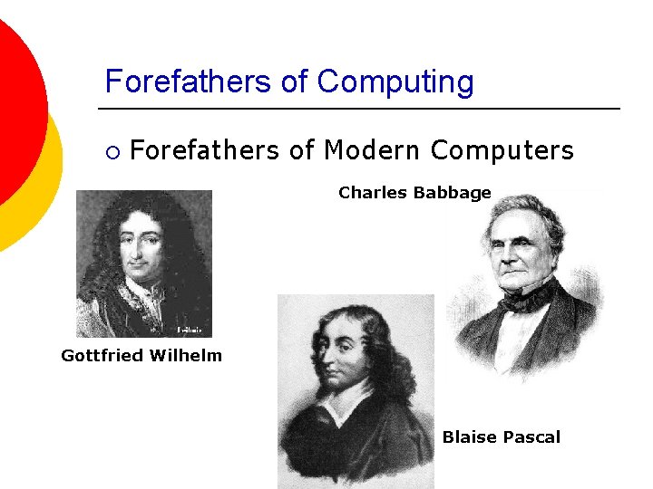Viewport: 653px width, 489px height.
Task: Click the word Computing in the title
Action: pyautogui.click(x=395, y=82)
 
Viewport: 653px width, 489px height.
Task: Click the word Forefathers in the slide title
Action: pyautogui.click(x=190, y=81)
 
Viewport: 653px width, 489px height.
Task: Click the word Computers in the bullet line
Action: pyautogui.click(x=502, y=149)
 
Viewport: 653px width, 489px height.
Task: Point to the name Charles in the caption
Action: pyautogui.click(x=372, y=193)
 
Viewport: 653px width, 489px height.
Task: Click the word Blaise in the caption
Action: pyautogui.click(x=469, y=437)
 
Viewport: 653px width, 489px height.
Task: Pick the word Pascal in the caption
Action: pyautogui.click(x=531, y=437)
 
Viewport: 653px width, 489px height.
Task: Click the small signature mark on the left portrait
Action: pyautogui.click(x=189, y=329)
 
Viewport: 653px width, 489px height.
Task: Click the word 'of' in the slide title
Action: pyautogui.click(x=294, y=81)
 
